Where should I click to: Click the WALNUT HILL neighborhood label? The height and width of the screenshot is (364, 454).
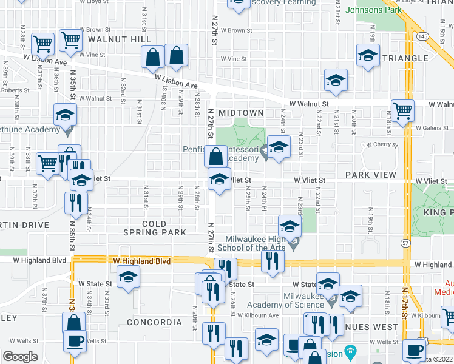tap(119, 39)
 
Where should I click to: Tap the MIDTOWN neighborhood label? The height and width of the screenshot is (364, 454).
tap(241, 113)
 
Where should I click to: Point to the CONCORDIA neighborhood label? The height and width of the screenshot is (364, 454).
tap(154, 322)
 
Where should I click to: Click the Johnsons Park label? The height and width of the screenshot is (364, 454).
tap(373, 10)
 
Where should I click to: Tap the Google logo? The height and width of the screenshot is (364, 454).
tap(21, 357)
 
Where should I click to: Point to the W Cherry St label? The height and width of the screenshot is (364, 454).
tap(380, 146)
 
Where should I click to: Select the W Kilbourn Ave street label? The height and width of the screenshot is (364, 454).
tap(258, 316)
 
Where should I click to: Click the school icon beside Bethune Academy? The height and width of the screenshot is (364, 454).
tap(66, 115)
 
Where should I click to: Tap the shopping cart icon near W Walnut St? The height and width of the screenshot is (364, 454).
tap(402, 111)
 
